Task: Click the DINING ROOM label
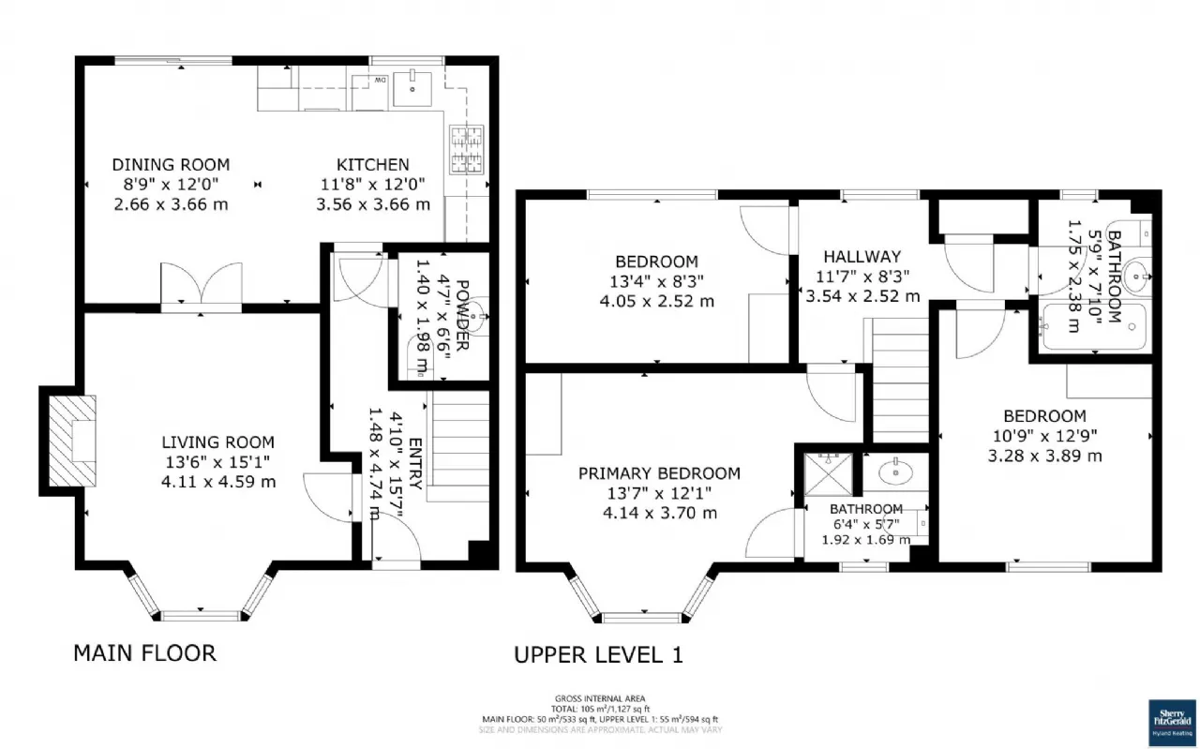(171, 165)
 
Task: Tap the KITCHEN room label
(373, 165)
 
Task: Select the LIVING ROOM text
(217, 442)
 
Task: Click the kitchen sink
(412, 89)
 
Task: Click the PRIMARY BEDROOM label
(658, 473)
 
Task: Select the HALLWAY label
(862, 257)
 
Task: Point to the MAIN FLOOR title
(144, 652)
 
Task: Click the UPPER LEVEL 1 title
(598, 654)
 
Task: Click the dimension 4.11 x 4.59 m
(217, 482)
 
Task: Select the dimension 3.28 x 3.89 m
(1044, 456)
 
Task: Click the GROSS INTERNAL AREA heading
(599, 699)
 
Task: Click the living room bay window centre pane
(201, 615)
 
